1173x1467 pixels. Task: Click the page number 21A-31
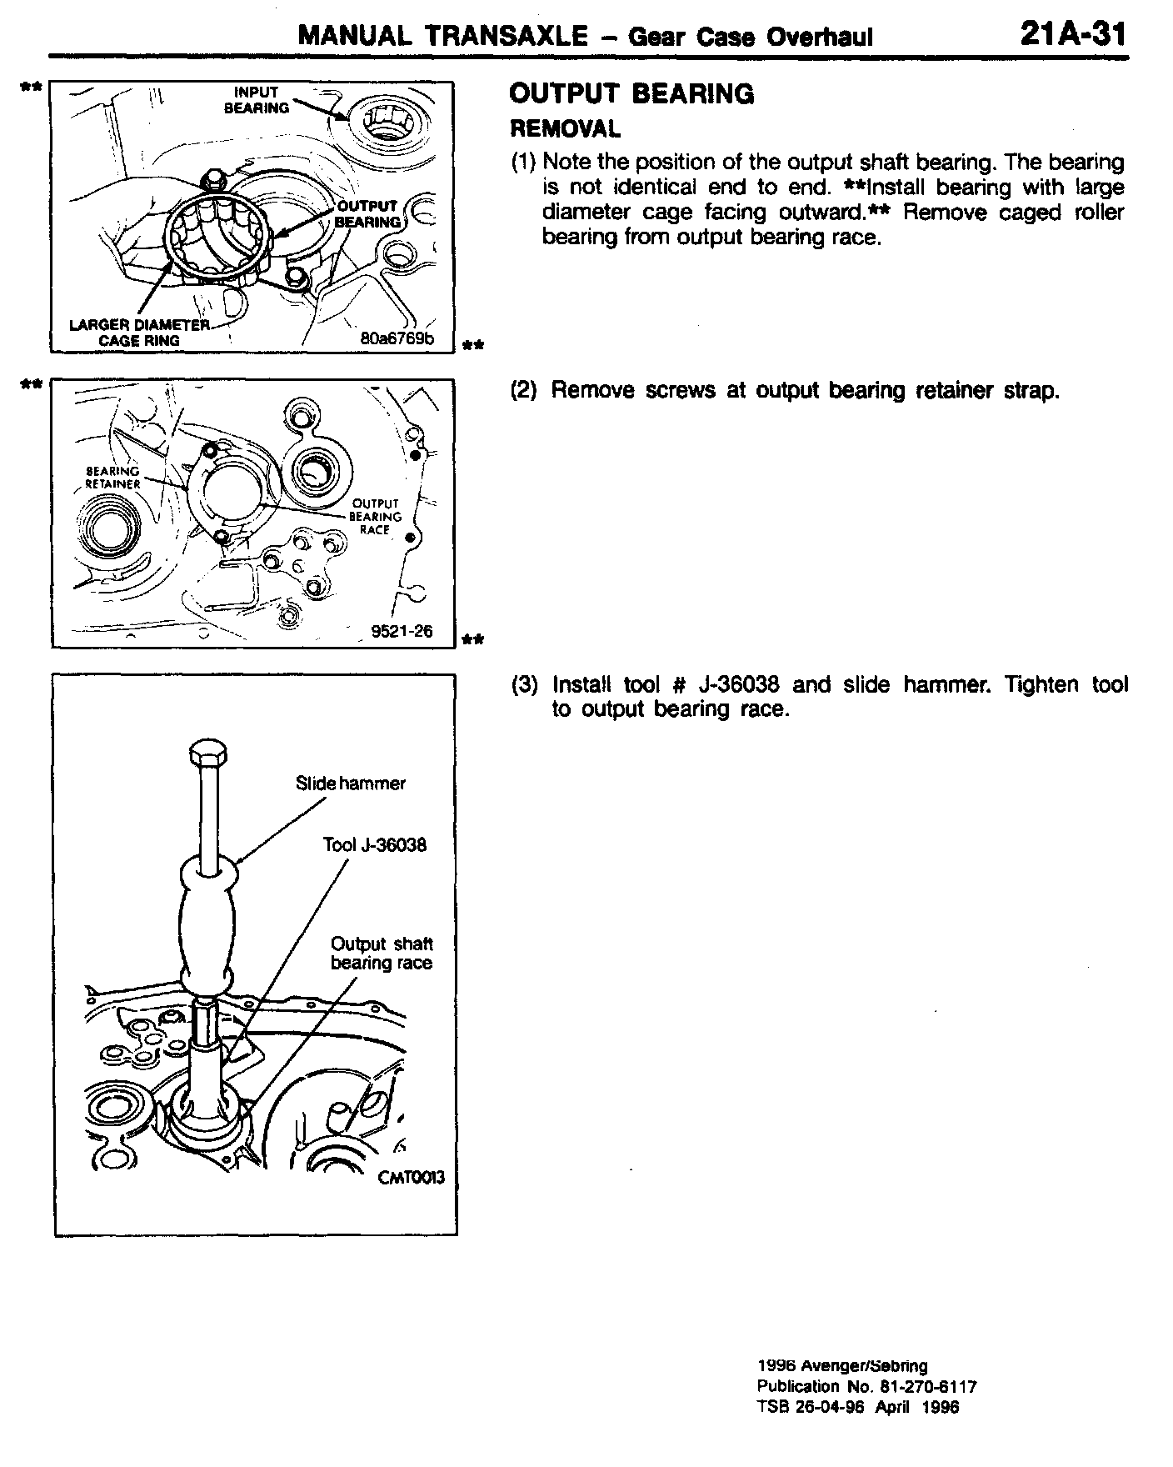pyautogui.click(x=1071, y=36)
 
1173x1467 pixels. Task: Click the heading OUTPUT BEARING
pyautogui.click(x=631, y=94)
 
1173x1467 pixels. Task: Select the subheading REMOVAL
pyautogui.click(x=565, y=128)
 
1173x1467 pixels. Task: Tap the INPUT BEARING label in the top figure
pyautogui.click(x=257, y=100)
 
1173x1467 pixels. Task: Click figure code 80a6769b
pyautogui.click(x=397, y=338)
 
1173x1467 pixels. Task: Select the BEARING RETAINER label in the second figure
pyautogui.click(x=113, y=477)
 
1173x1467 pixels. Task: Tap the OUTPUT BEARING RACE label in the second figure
pyautogui.click(x=376, y=516)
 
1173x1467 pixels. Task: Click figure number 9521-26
pyautogui.click(x=402, y=630)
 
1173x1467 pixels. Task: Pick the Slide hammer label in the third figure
pyautogui.click(x=350, y=784)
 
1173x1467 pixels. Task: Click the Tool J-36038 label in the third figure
pyautogui.click(x=374, y=845)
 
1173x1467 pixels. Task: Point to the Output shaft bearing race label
pyautogui.click(x=382, y=954)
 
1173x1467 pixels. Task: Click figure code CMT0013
pyautogui.click(x=411, y=1177)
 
